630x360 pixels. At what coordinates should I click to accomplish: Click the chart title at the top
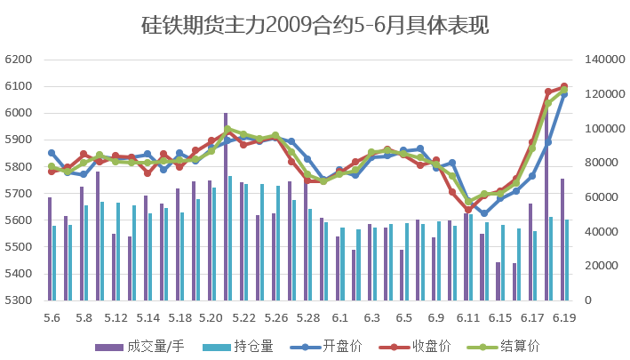point(315,26)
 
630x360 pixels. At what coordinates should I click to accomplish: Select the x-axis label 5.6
point(52,317)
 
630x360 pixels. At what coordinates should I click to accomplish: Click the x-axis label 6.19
point(564,317)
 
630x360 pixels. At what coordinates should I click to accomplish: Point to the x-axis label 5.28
point(307,317)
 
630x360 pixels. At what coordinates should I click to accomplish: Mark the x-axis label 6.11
point(468,317)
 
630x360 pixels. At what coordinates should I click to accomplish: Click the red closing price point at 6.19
point(564,87)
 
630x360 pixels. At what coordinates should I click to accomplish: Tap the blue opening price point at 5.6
point(52,153)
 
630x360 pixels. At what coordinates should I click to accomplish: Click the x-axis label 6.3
point(372,317)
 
